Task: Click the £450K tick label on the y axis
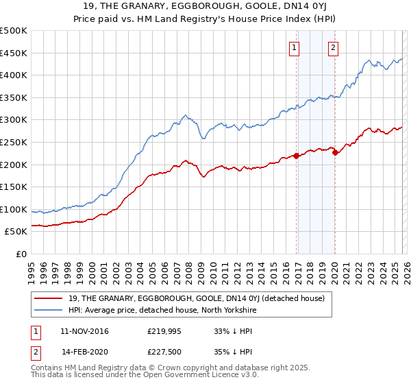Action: point(14,53)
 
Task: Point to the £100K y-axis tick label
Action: point(14,209)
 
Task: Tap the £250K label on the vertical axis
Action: point(14,142)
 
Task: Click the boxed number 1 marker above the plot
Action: point(294,47)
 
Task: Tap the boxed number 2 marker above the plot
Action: point(333,47)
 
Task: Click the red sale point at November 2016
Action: point(296,156)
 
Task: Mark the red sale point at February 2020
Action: point(335,153)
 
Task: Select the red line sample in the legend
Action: point(49,298)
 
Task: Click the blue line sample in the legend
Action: point(49,310)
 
